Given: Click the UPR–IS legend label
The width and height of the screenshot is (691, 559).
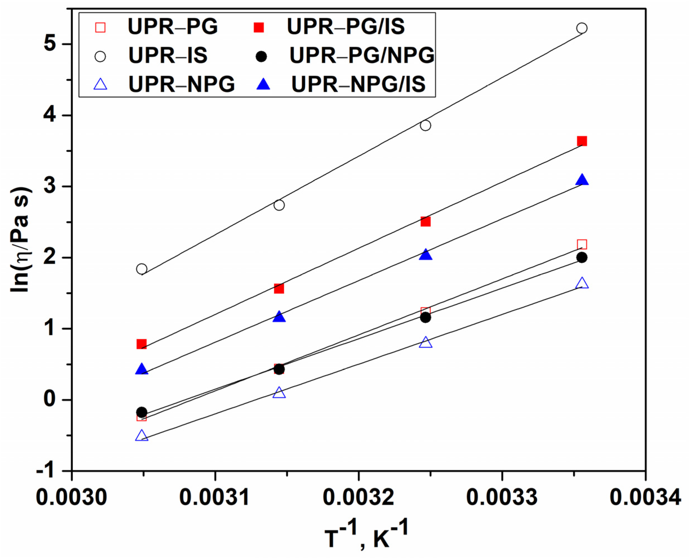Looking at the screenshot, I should tap(168, 56).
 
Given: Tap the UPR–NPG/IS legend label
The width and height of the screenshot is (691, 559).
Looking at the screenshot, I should tap(358, 84).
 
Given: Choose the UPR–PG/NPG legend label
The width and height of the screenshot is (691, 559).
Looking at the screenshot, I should tap(361, 56).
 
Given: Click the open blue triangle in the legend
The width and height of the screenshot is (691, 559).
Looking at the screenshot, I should tap(101, 84).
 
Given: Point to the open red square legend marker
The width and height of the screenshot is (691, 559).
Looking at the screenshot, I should tap(101, 27).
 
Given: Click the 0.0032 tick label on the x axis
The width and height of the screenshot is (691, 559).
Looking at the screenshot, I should tap(358, 497).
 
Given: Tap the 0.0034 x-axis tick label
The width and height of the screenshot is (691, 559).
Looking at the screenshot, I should tap(645, 497).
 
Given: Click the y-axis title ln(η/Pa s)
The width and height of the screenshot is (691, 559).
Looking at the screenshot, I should tap(21, 240).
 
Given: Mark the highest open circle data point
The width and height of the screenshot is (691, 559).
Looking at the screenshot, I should tap(582, 28).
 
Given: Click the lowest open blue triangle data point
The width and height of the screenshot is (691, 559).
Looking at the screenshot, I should tap(142, 436).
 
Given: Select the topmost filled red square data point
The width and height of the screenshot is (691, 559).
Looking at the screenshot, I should tap(582, 141).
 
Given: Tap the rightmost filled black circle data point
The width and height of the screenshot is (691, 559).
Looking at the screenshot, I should tap(582, 258).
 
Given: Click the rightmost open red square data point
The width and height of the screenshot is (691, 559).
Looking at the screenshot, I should tap(582, 245).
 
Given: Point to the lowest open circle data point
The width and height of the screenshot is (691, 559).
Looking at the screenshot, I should tap(142, 269).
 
